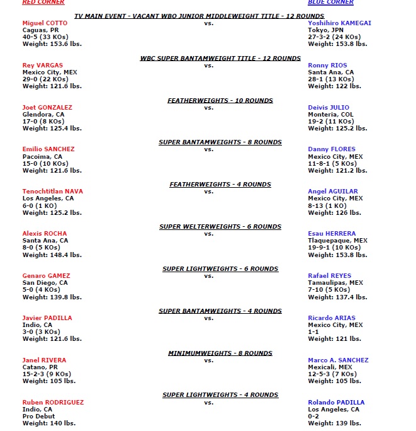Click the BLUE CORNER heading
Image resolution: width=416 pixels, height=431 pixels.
point(330,3)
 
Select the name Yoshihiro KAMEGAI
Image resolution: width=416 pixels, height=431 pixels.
point(339,23)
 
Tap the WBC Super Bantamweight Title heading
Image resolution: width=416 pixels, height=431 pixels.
point(220,58)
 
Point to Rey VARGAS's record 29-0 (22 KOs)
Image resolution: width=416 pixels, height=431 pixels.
point(47,79)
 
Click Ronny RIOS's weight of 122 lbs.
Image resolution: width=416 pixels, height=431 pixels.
point(329,86)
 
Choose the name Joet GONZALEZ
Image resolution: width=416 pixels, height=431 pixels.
point(47,108)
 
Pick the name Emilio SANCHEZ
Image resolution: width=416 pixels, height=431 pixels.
point(48,149)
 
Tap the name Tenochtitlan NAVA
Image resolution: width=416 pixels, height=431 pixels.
point(52,192)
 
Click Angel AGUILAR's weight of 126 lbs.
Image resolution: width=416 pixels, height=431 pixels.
point(329,212)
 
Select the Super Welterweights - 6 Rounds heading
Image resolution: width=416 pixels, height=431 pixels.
point(220,227)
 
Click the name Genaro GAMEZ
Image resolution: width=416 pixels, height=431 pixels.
point(46,276)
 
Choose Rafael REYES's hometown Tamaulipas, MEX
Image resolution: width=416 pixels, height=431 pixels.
point(335,283)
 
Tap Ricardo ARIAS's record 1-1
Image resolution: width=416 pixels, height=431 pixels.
point(314,332)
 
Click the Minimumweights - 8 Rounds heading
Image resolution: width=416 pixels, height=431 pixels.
point(220,353)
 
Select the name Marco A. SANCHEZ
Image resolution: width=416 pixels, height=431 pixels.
point(338,360)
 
